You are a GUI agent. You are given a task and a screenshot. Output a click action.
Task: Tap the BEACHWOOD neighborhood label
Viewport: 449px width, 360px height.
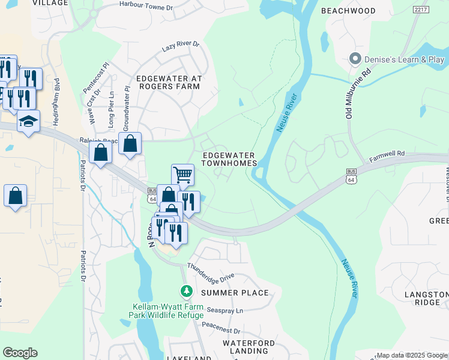point(348,11)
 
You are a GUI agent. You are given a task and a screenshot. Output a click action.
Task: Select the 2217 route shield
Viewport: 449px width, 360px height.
point(421,10)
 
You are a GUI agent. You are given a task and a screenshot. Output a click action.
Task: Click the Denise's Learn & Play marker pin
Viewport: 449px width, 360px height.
point(355,59)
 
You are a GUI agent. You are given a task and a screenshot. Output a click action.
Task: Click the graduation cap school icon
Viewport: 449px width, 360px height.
point(28,122)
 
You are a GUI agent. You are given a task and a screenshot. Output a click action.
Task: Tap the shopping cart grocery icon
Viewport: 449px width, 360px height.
point(182,175)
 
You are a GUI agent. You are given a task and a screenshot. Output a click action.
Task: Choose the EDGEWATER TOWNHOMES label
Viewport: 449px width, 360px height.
point(229,159)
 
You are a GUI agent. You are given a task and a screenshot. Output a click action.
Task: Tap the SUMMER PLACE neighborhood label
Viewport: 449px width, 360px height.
point(234,293)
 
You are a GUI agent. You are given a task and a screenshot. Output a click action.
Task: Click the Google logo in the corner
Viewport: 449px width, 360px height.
point(20,353)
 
